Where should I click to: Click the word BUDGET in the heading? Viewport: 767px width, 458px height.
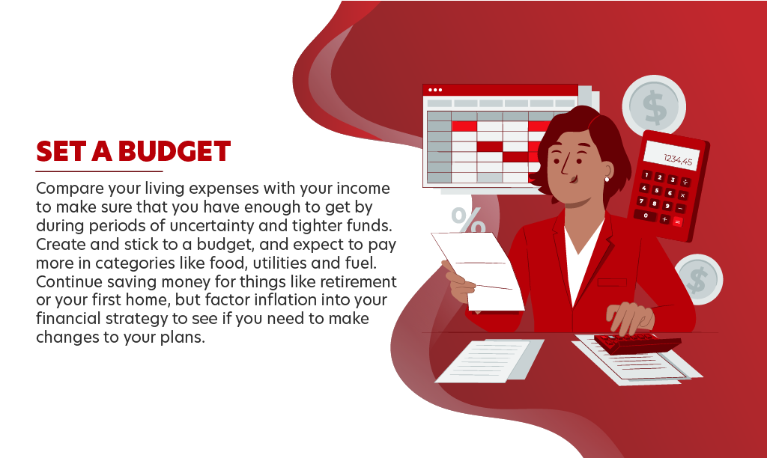coord(174,151)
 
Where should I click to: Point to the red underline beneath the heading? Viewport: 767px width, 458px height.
coord(99,171)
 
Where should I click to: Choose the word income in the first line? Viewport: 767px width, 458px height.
coord(363,188)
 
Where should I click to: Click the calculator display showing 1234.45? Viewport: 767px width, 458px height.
coord(672,155)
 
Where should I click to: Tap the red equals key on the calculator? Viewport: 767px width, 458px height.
coord(677,222)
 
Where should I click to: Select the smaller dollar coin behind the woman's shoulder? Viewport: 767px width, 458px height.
coord(699,280)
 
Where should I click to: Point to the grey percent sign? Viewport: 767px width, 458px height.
coord(468,220)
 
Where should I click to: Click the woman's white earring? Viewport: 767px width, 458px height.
coord(607,180)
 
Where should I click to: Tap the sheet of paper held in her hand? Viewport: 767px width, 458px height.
coord(478,270)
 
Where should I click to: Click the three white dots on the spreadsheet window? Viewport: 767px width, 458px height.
coord(435,90)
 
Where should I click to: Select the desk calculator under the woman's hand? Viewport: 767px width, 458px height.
coord(637,343)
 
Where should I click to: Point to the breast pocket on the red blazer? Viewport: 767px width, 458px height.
coord(612,283)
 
